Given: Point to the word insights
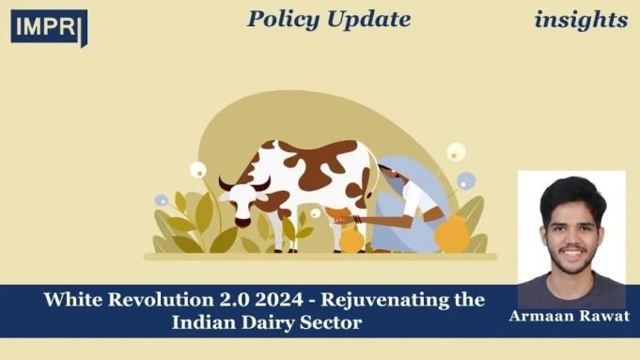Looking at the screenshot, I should click(581, 19).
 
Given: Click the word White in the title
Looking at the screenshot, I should click(72, 302).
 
